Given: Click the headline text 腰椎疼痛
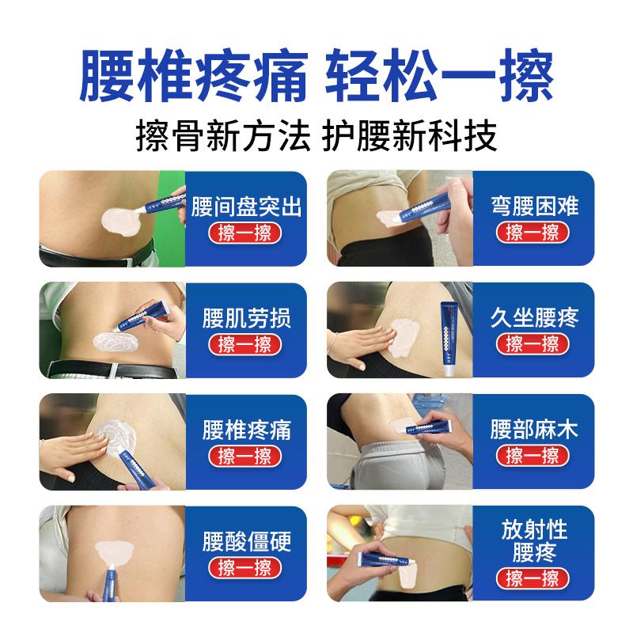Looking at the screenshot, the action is pyautogui.click(x=193, y=75).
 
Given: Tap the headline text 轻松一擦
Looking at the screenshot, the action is pyautogui.click(x=440, y=75).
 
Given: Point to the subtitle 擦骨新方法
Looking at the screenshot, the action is pyautogui.click(x=223, y=135).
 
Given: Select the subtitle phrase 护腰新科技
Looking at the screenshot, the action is pyautogui.click(x=409, y=135).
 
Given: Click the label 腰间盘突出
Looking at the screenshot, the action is pyautogui.click(x=246, y=207).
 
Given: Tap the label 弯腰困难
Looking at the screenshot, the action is pyautogui.click(x=535, y=206).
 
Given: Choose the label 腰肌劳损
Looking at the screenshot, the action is pyautogui.click(x=246, y=318).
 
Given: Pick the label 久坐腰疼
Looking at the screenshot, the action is pyautogui.click(x=535, y=318).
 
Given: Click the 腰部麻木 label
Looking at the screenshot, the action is pyautogui.click(x=535, y=429).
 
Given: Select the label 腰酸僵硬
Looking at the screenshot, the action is pyautogui.click(x=246, y=541).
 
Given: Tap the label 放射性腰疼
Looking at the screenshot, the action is pyautogui.click(x=534, y=541).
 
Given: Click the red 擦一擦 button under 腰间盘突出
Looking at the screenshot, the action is pyautogui.click(x=244, y=233).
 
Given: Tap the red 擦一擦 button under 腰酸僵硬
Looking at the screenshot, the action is pyautogui.click(x=244, y=567).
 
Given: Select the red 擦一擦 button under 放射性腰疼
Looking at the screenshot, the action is pyautogui.click(x=533, y=578).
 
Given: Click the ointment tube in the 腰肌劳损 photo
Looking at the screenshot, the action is pyautogui.click(x=142, y=316).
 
